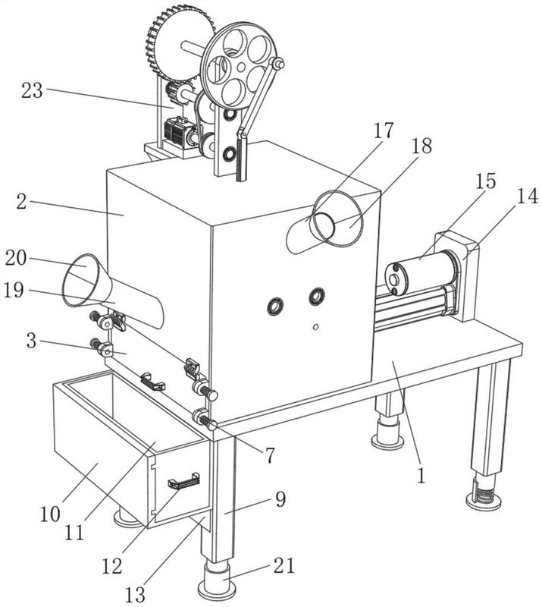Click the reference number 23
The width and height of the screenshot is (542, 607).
32,91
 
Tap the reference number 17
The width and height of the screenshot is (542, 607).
384,131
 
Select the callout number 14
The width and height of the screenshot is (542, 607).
528,196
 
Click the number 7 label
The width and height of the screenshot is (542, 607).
270,455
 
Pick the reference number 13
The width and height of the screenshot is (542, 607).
135,594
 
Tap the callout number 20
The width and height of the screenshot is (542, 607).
16,258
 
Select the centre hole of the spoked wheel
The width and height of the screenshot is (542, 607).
241,68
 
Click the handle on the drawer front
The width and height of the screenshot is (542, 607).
183,480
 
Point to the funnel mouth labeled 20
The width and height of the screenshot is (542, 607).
81,280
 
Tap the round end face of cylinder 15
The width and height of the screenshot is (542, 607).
395,279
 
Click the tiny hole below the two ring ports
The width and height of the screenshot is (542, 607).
315,327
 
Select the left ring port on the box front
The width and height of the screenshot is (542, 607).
276,307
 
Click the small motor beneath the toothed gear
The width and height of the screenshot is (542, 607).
179,132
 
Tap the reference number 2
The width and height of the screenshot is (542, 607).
22,202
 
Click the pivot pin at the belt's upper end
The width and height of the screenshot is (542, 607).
277,64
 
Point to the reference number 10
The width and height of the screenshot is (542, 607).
50,514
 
